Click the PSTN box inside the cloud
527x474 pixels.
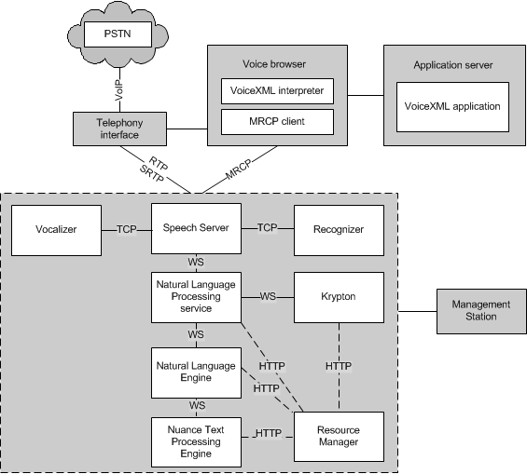point(118,34)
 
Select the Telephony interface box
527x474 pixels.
point(119,129)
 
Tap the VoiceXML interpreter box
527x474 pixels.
point(277,91)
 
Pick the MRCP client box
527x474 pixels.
point(277,122)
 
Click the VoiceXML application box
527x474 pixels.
point(452,107)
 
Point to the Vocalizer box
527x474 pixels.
point(57,230)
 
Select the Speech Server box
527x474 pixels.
point(196,228)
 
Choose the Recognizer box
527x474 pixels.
point(339,230)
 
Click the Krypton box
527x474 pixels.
point(339,298)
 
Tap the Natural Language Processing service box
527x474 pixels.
point(196,298)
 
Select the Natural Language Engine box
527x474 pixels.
point(196,372)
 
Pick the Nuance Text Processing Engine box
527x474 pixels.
point(196,442)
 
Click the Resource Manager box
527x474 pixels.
point(339,437)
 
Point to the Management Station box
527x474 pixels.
point(481,311)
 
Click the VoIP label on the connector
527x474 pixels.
point(119,90)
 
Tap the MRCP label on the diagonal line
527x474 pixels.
point(239,169)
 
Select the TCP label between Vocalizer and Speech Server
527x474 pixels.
point(127,229)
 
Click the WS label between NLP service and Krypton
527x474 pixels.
point(268,296)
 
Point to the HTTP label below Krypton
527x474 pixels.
point(339,366)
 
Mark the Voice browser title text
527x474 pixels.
point(274,64)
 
